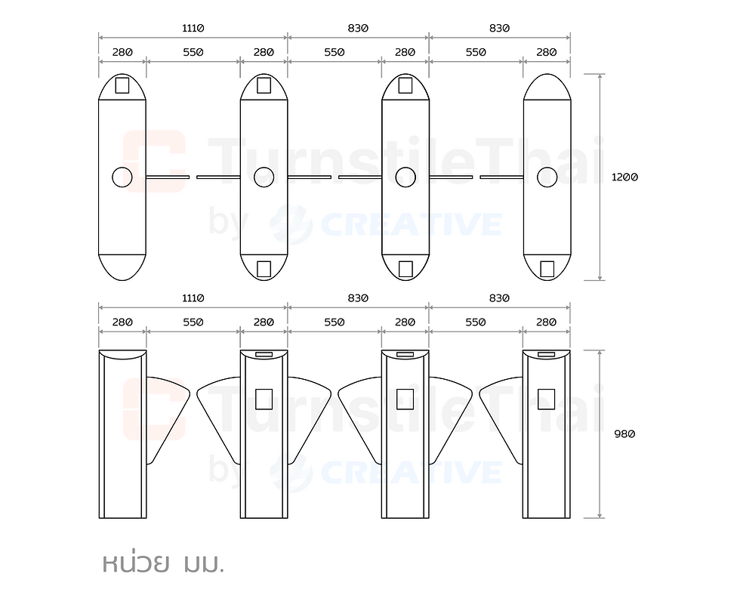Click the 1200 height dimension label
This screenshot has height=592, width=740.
(x=624, y=177)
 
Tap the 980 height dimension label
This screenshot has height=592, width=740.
(x=624, y=434)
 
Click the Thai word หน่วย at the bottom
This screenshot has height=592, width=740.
(x=136, y=562)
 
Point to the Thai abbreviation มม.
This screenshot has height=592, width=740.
(x=203, y=564)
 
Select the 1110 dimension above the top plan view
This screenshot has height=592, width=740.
(x=193, y=29)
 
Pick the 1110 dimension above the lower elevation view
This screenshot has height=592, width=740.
(x=193, y=298)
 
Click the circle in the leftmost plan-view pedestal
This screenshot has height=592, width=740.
(x=122, y=177)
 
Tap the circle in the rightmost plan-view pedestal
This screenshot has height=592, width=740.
(x=547, y=177)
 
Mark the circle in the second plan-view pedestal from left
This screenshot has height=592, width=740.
(x=264, y=177)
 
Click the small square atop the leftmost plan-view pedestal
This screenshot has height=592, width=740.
(x=122, y=85)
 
